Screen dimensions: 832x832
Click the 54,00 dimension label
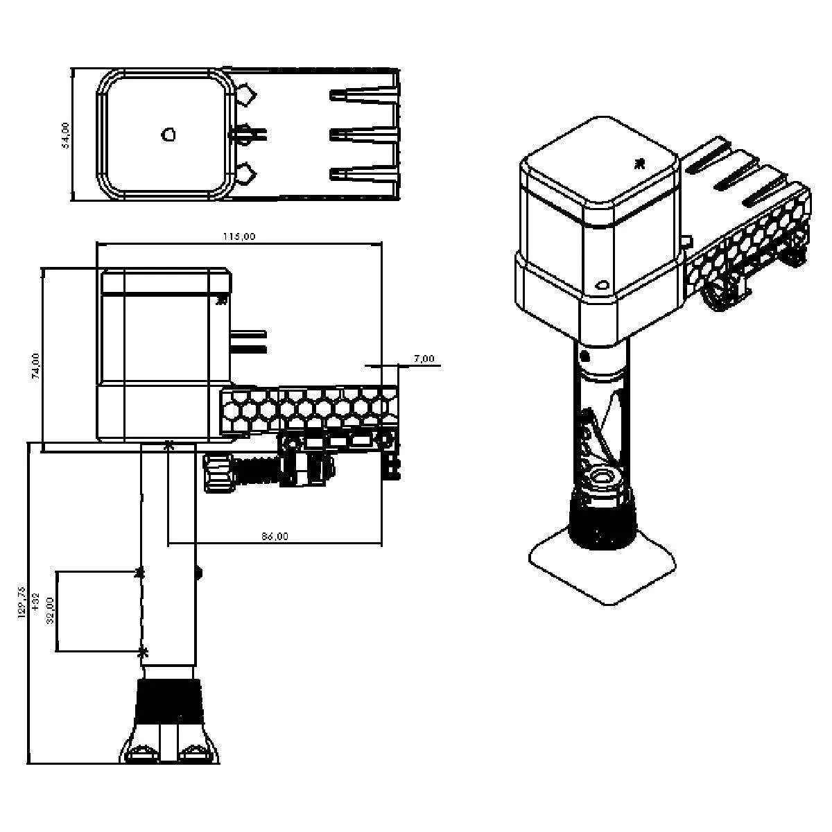(66, 135)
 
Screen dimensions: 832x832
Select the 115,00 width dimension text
(239, 236)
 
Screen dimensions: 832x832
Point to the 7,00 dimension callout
(424, 358)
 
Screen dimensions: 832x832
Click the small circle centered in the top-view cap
(168, 134)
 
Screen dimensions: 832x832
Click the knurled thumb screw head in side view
(219, 473)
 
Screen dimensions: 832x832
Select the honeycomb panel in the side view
(309, 410)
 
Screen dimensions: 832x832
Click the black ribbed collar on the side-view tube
(170, 702)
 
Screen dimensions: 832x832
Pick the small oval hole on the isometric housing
(601, 284)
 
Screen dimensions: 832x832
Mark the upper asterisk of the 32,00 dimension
(141, 572)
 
